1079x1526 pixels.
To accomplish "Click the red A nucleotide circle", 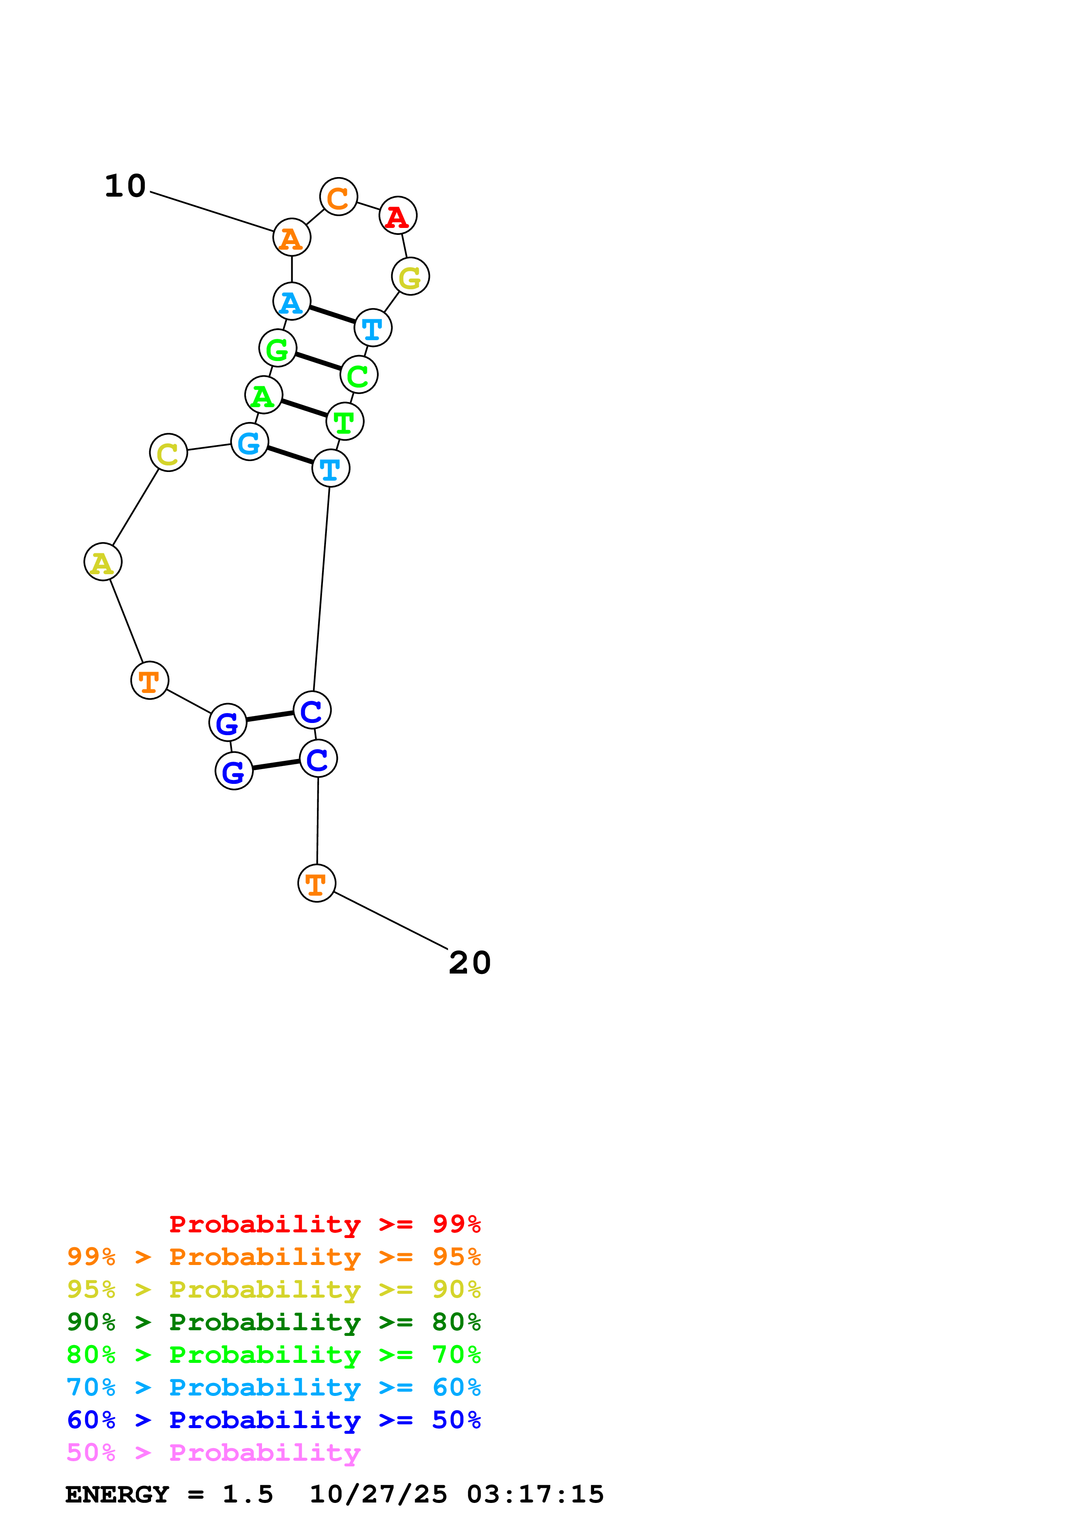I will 397,216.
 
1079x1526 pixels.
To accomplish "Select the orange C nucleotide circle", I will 338,197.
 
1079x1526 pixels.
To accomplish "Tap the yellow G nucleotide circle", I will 410,277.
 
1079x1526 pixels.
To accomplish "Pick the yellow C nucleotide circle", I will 168,452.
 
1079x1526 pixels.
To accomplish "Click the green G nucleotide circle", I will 277,348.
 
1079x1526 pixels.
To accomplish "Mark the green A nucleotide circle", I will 263,395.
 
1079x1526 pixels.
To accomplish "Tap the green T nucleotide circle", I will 344,422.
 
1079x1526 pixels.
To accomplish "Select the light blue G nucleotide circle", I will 249,442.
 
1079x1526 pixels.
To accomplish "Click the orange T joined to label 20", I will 316,883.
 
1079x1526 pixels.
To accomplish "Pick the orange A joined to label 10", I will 291,237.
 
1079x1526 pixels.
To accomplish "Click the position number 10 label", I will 125,186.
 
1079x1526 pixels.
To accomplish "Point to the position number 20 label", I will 469,963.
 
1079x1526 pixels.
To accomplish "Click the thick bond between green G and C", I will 318,361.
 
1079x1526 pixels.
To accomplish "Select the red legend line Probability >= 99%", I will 324,1224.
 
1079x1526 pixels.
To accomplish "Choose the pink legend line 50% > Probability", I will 213,1452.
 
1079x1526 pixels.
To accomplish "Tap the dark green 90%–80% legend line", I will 273,1322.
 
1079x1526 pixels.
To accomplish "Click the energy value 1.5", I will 247,1495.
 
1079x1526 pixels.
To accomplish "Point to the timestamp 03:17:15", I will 535,1495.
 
